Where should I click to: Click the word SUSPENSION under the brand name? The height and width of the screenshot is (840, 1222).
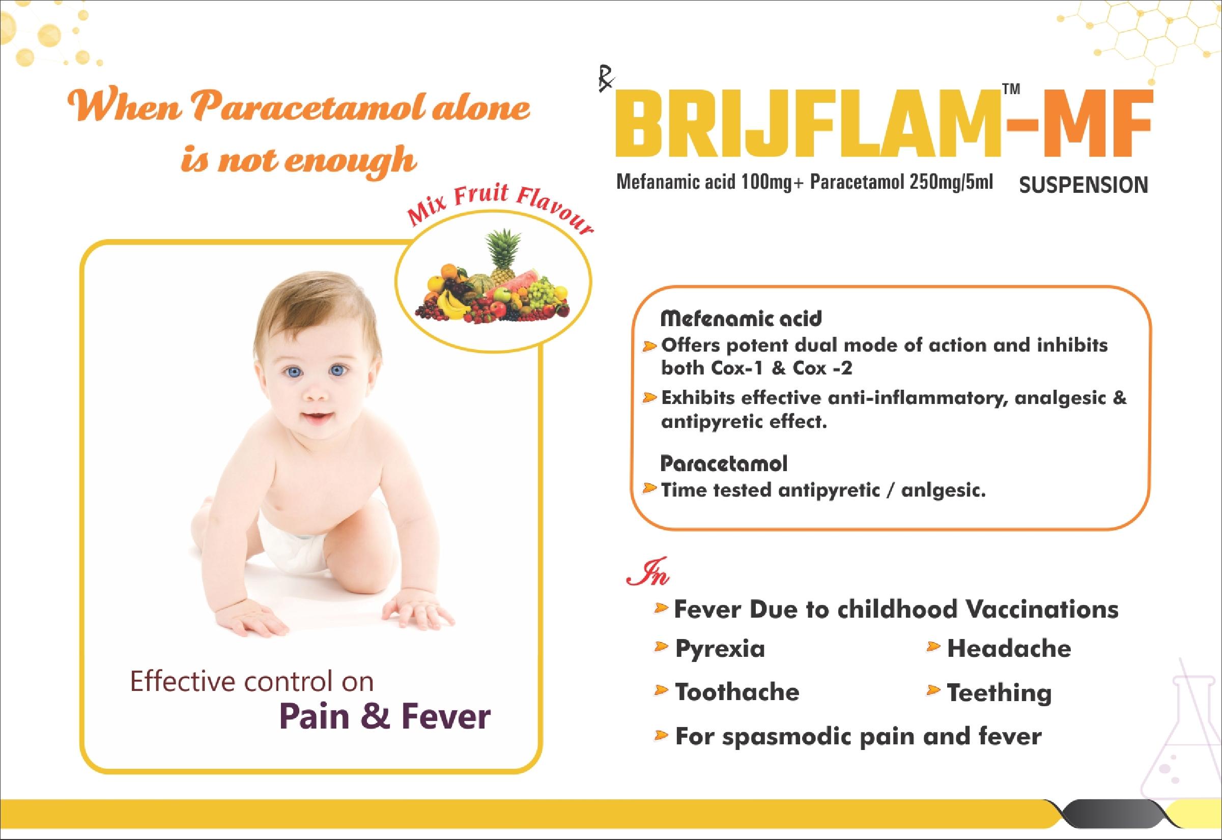1084,185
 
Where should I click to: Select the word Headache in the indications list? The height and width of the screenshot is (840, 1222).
1009,648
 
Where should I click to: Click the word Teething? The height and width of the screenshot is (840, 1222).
999,693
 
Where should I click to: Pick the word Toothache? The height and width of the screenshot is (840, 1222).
737,692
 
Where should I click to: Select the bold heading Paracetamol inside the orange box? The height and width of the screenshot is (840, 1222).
724,464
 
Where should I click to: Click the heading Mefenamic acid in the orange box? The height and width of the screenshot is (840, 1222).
741,318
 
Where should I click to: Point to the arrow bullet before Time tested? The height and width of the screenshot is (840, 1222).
649,489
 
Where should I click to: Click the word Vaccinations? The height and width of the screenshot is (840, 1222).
1042,610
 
